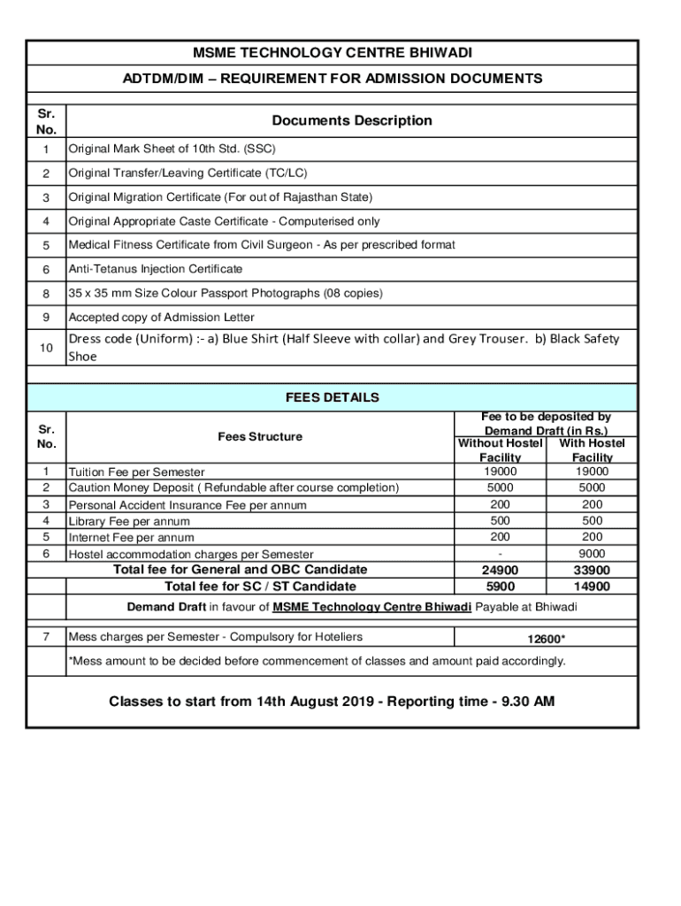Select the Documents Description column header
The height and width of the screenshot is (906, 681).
coord(351,120)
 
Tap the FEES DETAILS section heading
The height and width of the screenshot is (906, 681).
coord(332,397)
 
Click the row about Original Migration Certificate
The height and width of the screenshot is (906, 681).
coord(220,197)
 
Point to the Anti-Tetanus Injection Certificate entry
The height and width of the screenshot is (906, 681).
coord(156,269)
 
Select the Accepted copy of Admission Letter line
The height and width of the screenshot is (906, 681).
coord(162,318)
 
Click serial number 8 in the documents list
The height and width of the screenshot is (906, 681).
coord(46,294)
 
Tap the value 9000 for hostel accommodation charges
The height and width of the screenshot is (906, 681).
coord(592,553)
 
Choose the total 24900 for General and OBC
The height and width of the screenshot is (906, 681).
coord(500,571)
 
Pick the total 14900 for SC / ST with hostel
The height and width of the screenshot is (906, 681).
coord(592,586)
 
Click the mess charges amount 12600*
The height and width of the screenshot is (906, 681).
coord(546,639)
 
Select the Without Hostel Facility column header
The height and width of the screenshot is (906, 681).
coord(500,449)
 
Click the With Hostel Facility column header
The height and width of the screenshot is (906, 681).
coord(592,449)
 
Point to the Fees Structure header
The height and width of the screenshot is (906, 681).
coord(260,436)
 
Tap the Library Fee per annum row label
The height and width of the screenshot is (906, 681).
coord(129,521)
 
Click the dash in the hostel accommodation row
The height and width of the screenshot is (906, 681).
coord(500,554)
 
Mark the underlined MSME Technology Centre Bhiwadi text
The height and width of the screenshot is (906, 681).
coord(371,607)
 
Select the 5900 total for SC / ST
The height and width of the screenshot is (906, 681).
coord(500,586)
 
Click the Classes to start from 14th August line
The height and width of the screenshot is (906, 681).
coord(332,702)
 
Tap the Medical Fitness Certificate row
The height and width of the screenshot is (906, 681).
coord(262,245)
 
